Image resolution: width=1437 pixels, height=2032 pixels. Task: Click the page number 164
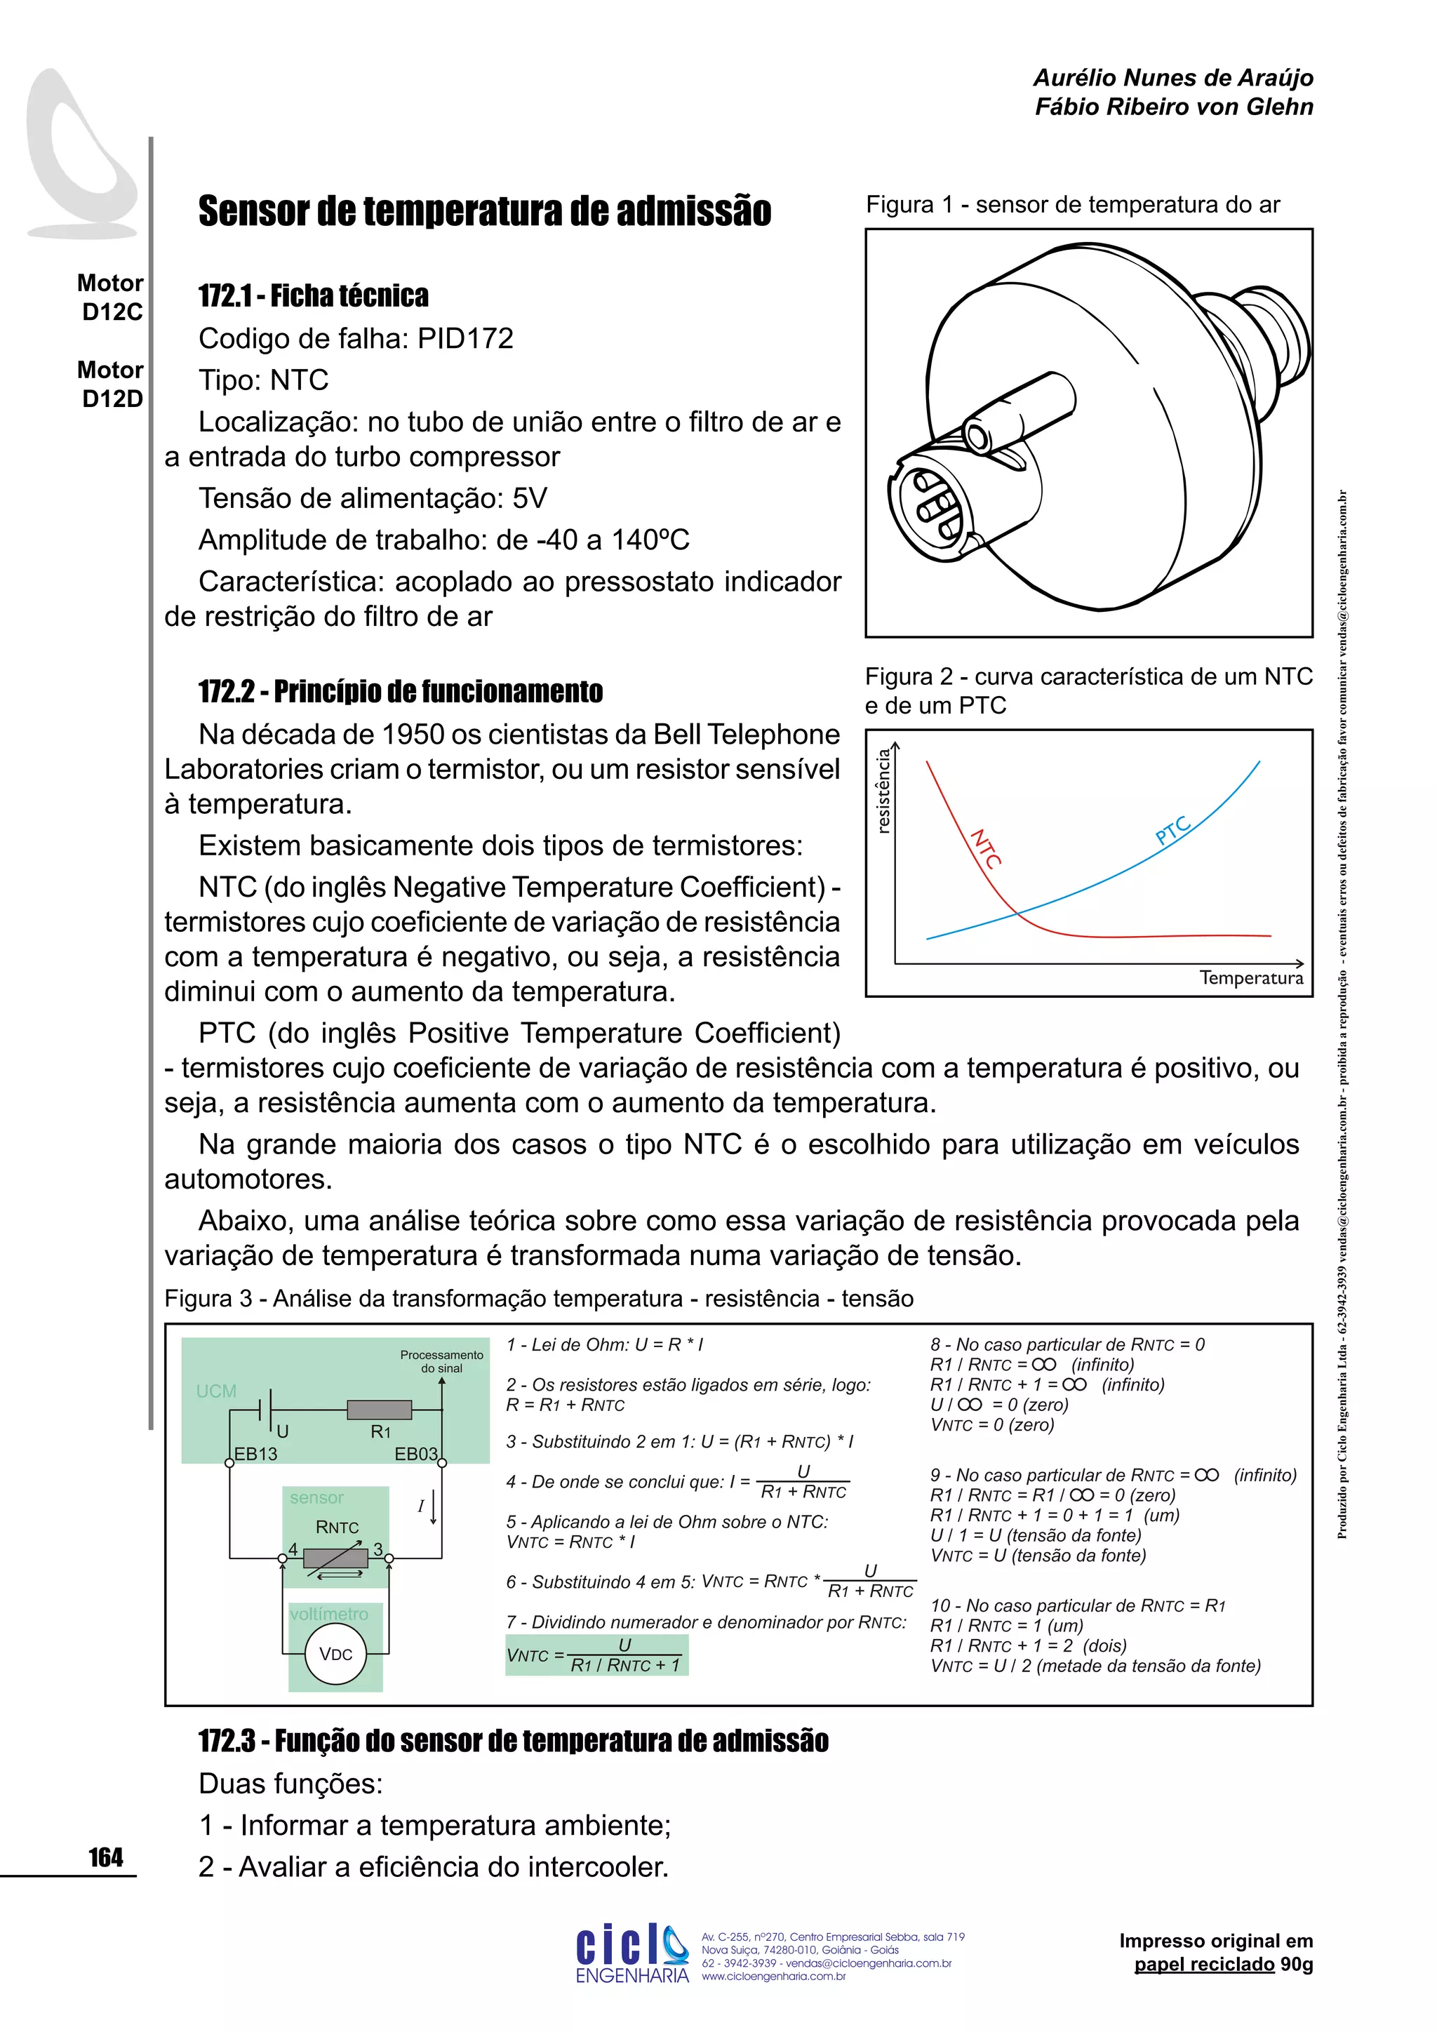[105, 1857]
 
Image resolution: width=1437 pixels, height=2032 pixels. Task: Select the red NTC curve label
[986, 849]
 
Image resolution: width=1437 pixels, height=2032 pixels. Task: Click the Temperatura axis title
[1250, 978]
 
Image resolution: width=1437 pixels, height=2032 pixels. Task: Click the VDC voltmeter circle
[335, 1654]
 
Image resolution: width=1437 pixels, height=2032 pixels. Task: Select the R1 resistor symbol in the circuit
[379, 1410]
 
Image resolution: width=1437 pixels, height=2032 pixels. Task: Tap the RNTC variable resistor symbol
[335, 1558]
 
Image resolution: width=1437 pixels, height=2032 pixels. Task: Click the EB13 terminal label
[255, 1453]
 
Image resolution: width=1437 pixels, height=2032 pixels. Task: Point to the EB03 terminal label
[416, 1453]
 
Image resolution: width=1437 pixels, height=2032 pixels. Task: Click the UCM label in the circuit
[216, 1391]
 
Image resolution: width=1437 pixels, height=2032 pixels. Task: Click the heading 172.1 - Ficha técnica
[313, 295]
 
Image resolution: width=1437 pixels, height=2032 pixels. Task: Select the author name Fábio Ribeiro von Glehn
[1173, 107]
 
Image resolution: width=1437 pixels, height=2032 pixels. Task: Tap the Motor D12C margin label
[111, 298]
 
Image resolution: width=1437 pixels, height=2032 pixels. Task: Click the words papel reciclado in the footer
[1204, 1965]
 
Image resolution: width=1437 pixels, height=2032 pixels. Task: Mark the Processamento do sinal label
[441, 1361]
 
